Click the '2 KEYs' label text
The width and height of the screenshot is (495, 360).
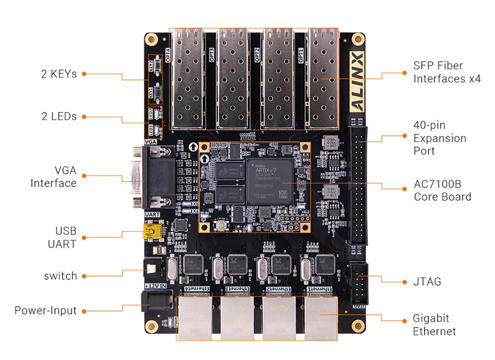point(59,73)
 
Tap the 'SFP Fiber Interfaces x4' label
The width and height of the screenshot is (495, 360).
point(447,72)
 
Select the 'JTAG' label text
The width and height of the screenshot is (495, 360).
point(427,282)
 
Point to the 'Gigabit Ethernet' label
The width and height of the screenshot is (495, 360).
point(434,325)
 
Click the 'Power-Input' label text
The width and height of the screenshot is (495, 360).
point(46,310)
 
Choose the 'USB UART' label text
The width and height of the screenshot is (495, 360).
point(65,237)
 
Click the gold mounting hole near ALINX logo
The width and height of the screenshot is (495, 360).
point(358,39)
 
